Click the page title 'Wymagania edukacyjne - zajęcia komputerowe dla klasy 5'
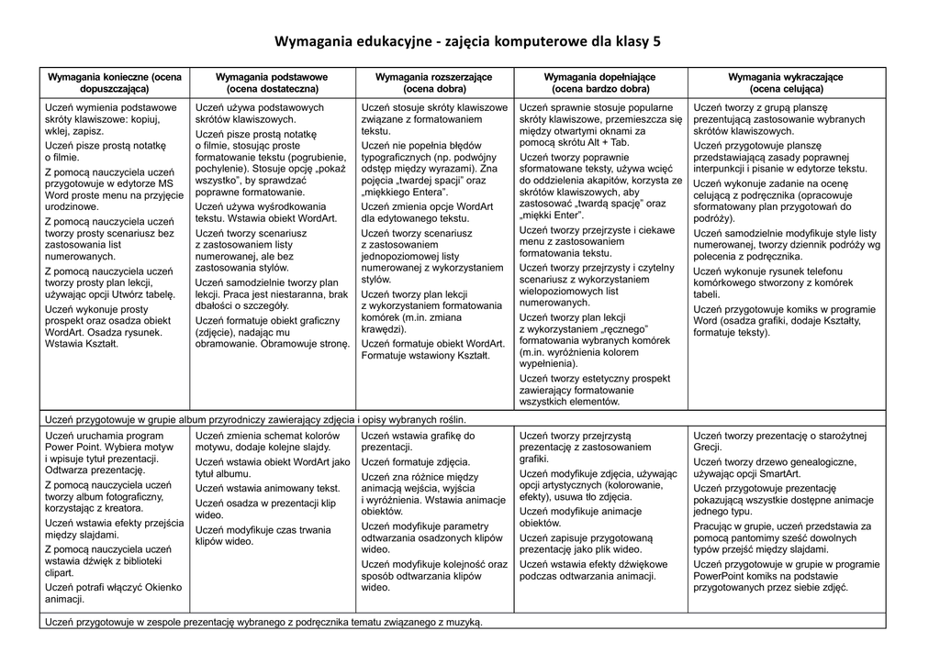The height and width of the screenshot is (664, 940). point(468,42)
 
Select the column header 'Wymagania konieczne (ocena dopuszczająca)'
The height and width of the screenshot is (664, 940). point(115,83)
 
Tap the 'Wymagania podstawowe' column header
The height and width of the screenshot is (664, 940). point(273,83)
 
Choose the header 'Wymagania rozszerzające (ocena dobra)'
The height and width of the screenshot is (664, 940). point(434,83)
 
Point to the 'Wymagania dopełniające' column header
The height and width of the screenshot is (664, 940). point(600,83)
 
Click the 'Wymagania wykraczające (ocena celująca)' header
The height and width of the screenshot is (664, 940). point(786,83)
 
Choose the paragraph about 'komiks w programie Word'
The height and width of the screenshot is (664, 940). point(785,321)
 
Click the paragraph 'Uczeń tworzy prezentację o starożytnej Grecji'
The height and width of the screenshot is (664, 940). point(779,441)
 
